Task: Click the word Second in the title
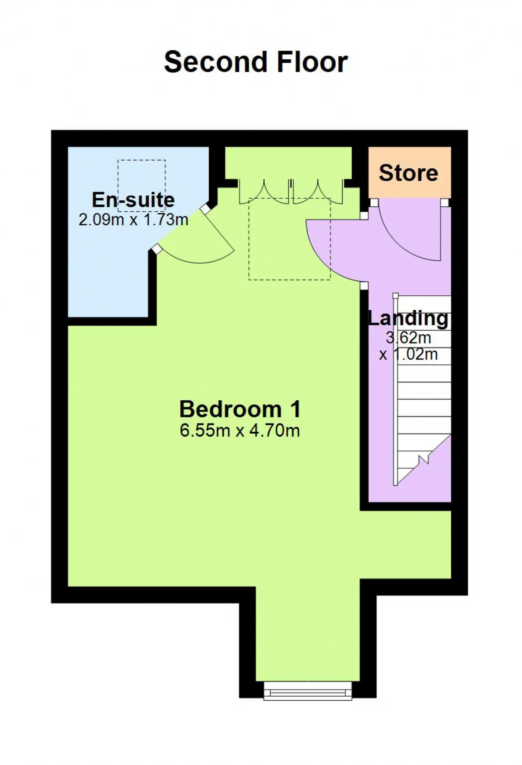[x=215, y=62]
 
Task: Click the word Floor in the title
[x=312, y=62]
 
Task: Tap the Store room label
[x=409, y=173]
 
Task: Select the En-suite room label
[x=133, y=200]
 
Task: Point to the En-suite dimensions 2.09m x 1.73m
[x=133, y=220]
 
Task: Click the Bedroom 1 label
[x=240, y=409]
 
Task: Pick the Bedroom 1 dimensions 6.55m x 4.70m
[x=240, y=430]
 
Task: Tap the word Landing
[x=408, y=318]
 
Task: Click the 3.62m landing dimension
[x=409, y=338]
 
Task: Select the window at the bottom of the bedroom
[x=308, y=691]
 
